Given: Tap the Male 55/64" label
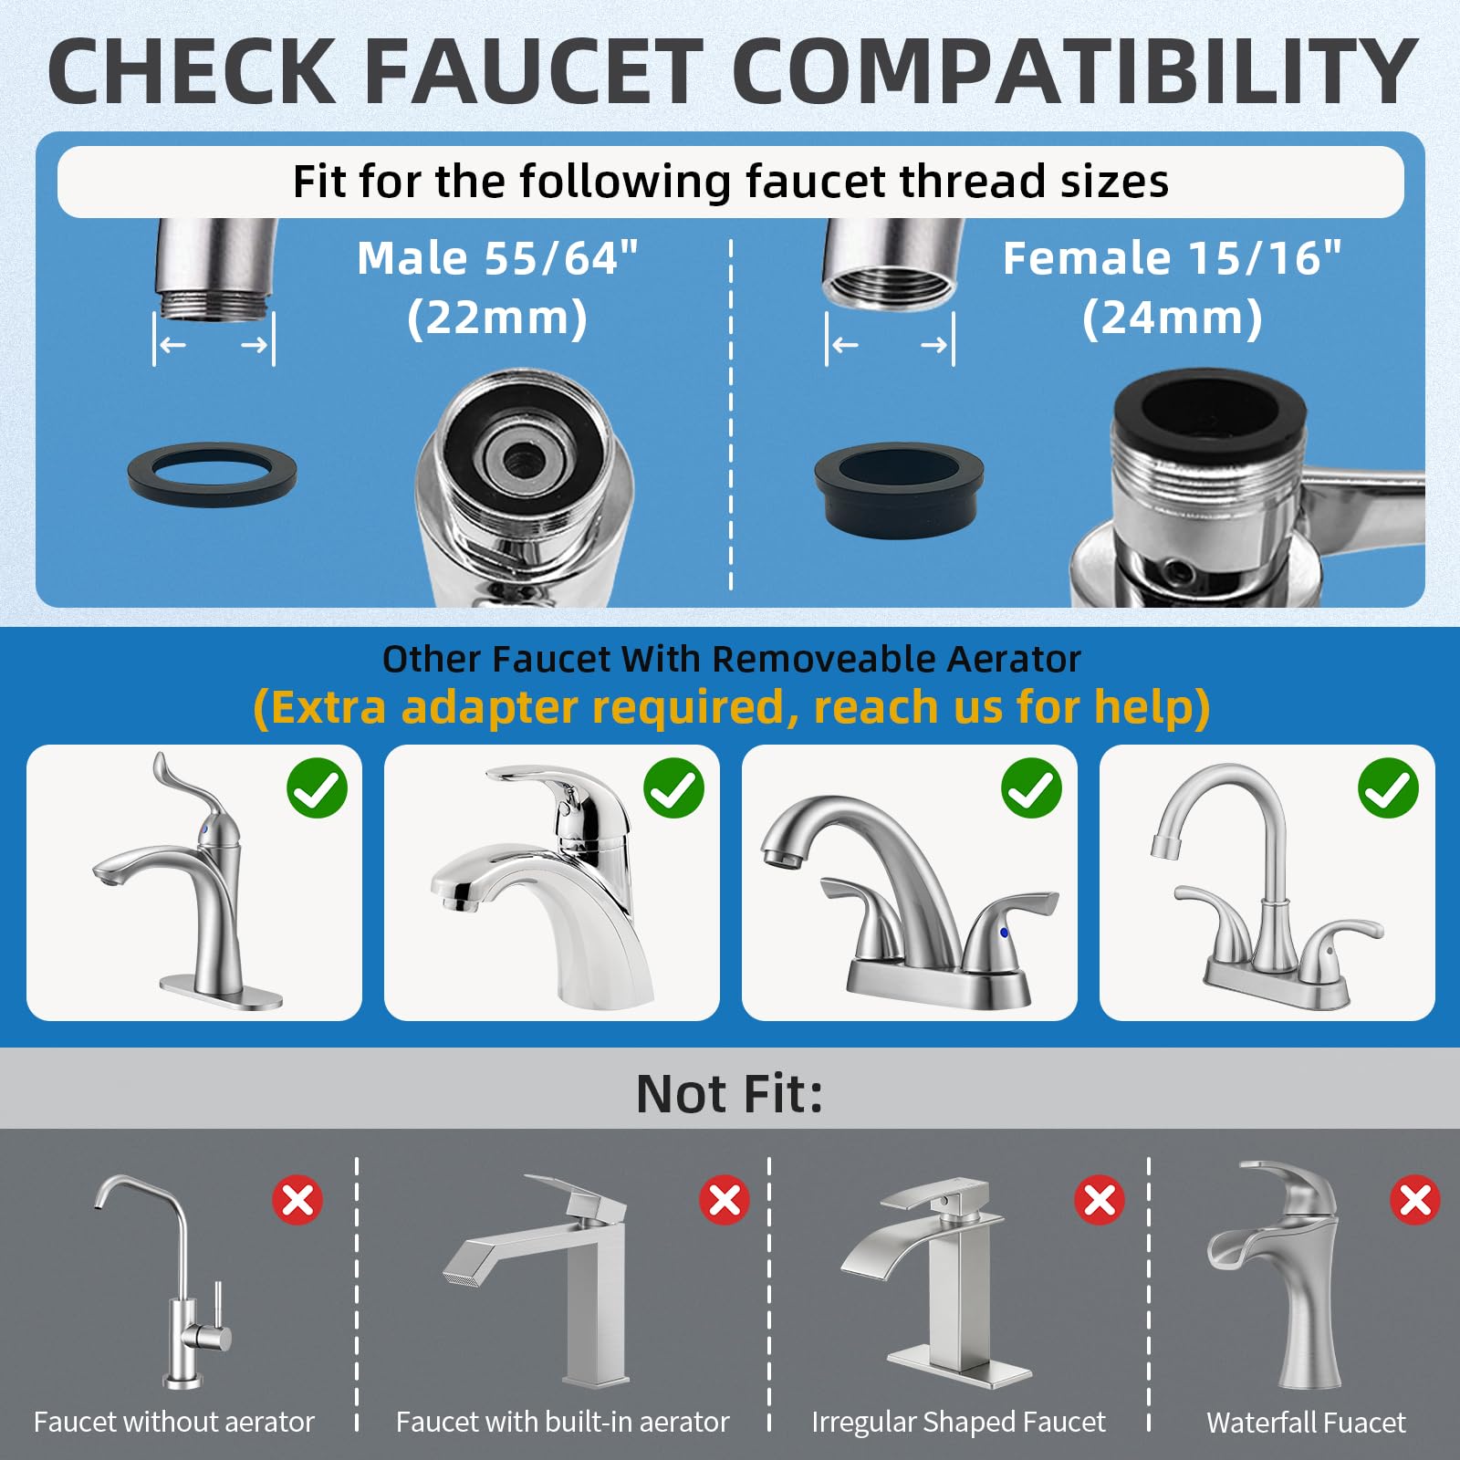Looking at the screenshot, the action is pyautogui.click(x=497, y=258).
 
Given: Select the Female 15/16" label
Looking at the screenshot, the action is pyautogui.click(x=1172, y=258).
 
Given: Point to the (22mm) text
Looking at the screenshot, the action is pyautogui.click(x=497, y=318).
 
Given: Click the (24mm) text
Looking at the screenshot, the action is pyautogui.click(x=1173, y=318).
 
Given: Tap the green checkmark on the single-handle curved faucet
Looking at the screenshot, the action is pyautogui.click(x=317, y=788).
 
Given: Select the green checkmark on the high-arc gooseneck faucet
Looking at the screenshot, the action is pyautogui.click(x=1388, y=788).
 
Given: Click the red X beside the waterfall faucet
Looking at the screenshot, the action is pyautogui.click(x=1415, y=1200).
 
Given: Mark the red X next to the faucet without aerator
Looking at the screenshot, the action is pyautogui.click(x=297, y=1200).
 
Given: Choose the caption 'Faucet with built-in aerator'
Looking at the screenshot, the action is pyautogui.click(x=562, y=1422).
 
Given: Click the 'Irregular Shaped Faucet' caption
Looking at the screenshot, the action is pyautogui.click(x=958, y=1422).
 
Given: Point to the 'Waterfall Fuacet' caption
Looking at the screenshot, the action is pyautogui.click(x=1306, y=1422).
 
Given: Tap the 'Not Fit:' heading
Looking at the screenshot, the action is pyautogui.click(x=729, y=1093).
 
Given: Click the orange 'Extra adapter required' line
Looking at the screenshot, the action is pyautogui.click(x=731, y=707).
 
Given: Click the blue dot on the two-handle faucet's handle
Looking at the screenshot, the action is pyautogui.click(x=1005, y=933).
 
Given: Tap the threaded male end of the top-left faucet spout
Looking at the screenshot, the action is pyautogui.click(x=214, y=304).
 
